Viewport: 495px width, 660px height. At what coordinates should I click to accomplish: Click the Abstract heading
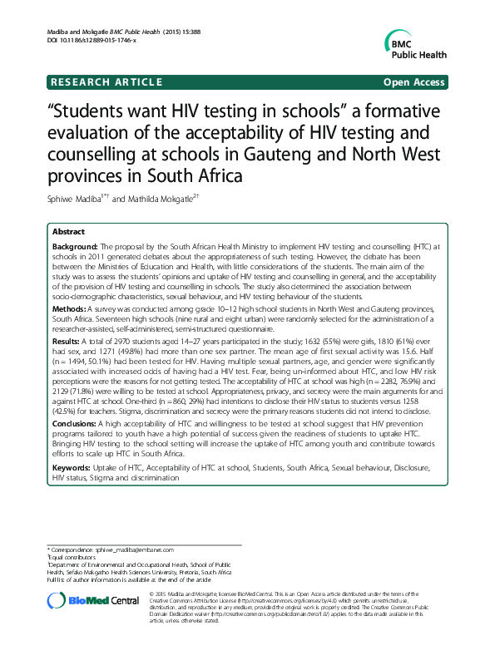[x=68, y=232]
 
